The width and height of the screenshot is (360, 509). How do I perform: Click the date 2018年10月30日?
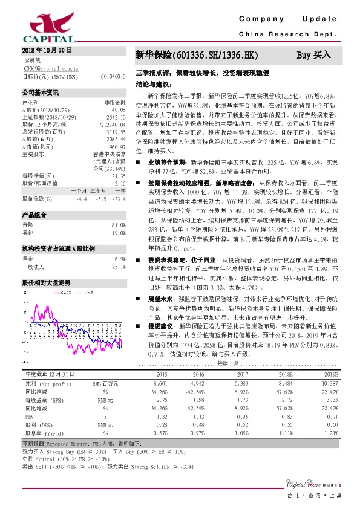(47, 50)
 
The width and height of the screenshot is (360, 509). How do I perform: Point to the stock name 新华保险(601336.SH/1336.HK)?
(197, 55)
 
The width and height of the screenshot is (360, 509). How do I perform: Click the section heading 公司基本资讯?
(41, 93)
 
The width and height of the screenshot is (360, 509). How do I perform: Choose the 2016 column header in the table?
(197, 374)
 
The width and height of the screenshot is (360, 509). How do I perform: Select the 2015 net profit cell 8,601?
(160, 383)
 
